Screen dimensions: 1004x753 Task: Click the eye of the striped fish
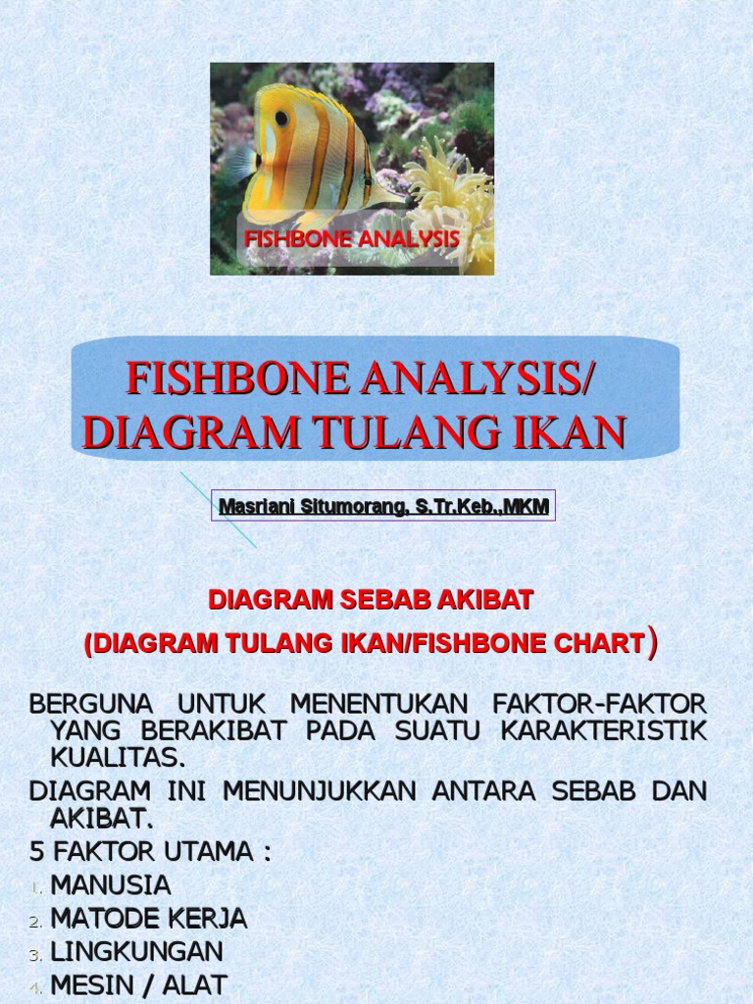(281, 118)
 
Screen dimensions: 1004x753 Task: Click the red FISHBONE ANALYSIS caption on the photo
(351, 238)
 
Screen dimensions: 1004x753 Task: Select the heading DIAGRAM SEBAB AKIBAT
(372, 600)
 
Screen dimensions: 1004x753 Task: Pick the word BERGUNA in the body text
(90, 704)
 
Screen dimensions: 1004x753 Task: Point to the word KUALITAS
(117, 757)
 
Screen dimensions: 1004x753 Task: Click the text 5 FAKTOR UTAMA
(150, 851)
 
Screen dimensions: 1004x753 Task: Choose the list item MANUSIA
(111, 885)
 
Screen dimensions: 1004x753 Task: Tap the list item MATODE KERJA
(149, 919)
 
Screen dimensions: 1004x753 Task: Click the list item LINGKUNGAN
(137, 951)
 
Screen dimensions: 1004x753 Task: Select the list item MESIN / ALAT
(139, 984)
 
